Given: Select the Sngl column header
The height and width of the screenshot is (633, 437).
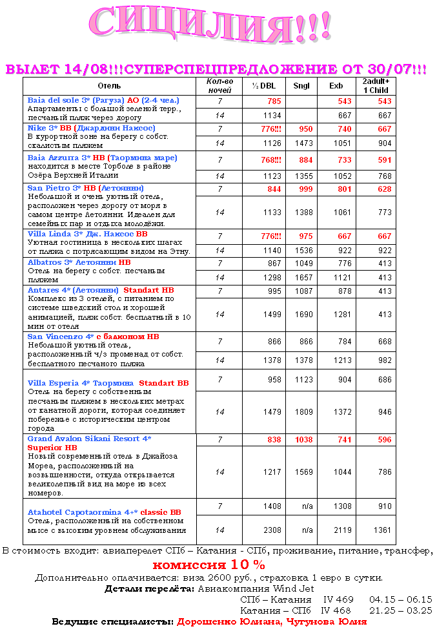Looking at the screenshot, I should click(x=301, y=86).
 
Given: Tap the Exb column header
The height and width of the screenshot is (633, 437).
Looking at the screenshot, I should click(x=336, y=86).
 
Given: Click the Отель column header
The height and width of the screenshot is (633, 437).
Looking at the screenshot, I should click(x=109, y=86).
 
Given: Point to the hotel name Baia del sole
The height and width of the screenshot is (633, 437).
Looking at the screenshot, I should click(x=51, y=101).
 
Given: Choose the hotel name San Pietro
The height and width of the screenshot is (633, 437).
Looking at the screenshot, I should click(x=49, y=188).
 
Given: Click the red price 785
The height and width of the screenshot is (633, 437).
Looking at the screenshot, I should click(x=274, y=101).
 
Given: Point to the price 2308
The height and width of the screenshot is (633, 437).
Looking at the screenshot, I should click(x=272, y=530).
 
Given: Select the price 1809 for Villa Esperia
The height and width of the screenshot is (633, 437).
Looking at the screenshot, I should click(x=303, y=411).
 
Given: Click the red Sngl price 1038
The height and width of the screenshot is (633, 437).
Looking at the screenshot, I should click(x=303, y=439).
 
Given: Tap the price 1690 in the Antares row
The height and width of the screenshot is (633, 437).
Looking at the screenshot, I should click(x=303, y=315).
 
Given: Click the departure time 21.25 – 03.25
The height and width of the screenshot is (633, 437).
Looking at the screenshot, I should click(x=400, y=610).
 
